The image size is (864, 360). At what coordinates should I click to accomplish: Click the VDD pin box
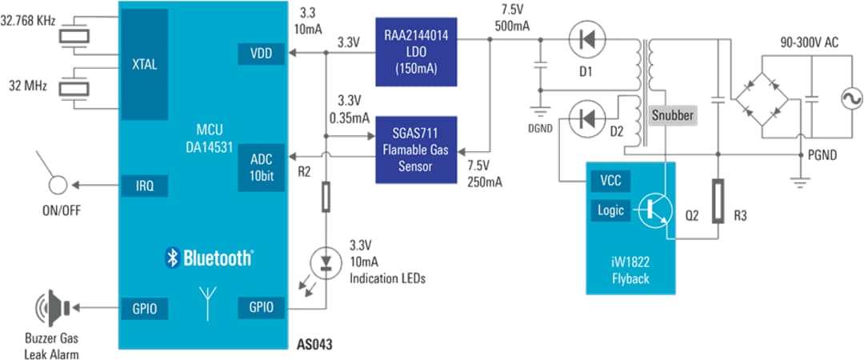[x=259, y=54]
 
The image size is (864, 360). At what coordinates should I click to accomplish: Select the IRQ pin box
[x=145, y=186]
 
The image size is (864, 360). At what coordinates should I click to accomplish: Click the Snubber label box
[x=671, y=114]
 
